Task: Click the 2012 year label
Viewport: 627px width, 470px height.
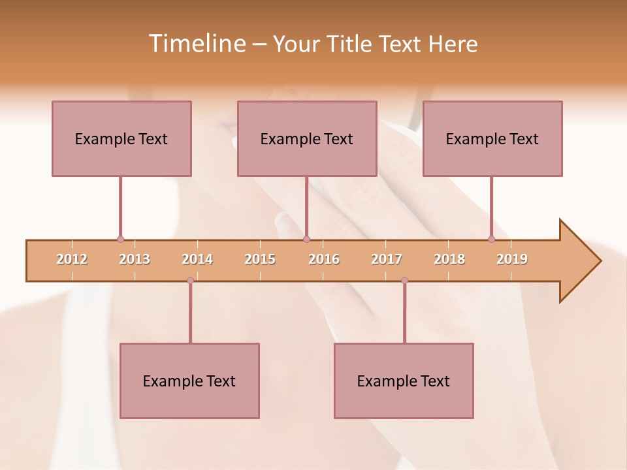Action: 72,260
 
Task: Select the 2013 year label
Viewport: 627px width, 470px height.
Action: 135,260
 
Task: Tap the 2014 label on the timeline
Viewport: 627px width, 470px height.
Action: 197,260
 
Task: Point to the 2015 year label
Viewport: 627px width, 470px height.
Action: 260,260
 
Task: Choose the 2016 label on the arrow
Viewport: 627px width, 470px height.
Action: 324,260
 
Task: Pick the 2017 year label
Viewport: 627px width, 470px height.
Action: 387,260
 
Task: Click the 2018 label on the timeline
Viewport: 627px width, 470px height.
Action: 449,260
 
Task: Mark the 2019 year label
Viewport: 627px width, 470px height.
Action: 512,260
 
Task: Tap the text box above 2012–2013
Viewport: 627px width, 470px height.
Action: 121,138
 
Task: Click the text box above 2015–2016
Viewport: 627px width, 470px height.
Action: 307,138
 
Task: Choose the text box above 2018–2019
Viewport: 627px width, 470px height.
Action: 492,138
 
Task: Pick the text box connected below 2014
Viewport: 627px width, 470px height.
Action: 189,381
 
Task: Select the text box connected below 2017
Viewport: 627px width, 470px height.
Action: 404,381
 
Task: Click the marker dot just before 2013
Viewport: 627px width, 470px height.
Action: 120,240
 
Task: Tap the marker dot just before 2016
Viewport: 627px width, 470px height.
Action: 307,240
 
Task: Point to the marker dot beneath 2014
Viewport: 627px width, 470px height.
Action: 190,281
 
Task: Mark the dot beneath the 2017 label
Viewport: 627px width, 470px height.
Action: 404,281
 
